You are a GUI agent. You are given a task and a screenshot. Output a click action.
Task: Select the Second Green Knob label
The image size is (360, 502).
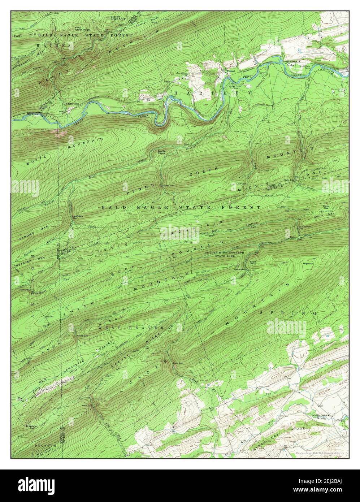coord(115,17)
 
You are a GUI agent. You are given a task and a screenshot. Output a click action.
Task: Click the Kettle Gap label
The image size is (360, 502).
coord(239,269)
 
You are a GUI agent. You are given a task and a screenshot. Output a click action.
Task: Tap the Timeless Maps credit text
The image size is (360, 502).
coord(319,453)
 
